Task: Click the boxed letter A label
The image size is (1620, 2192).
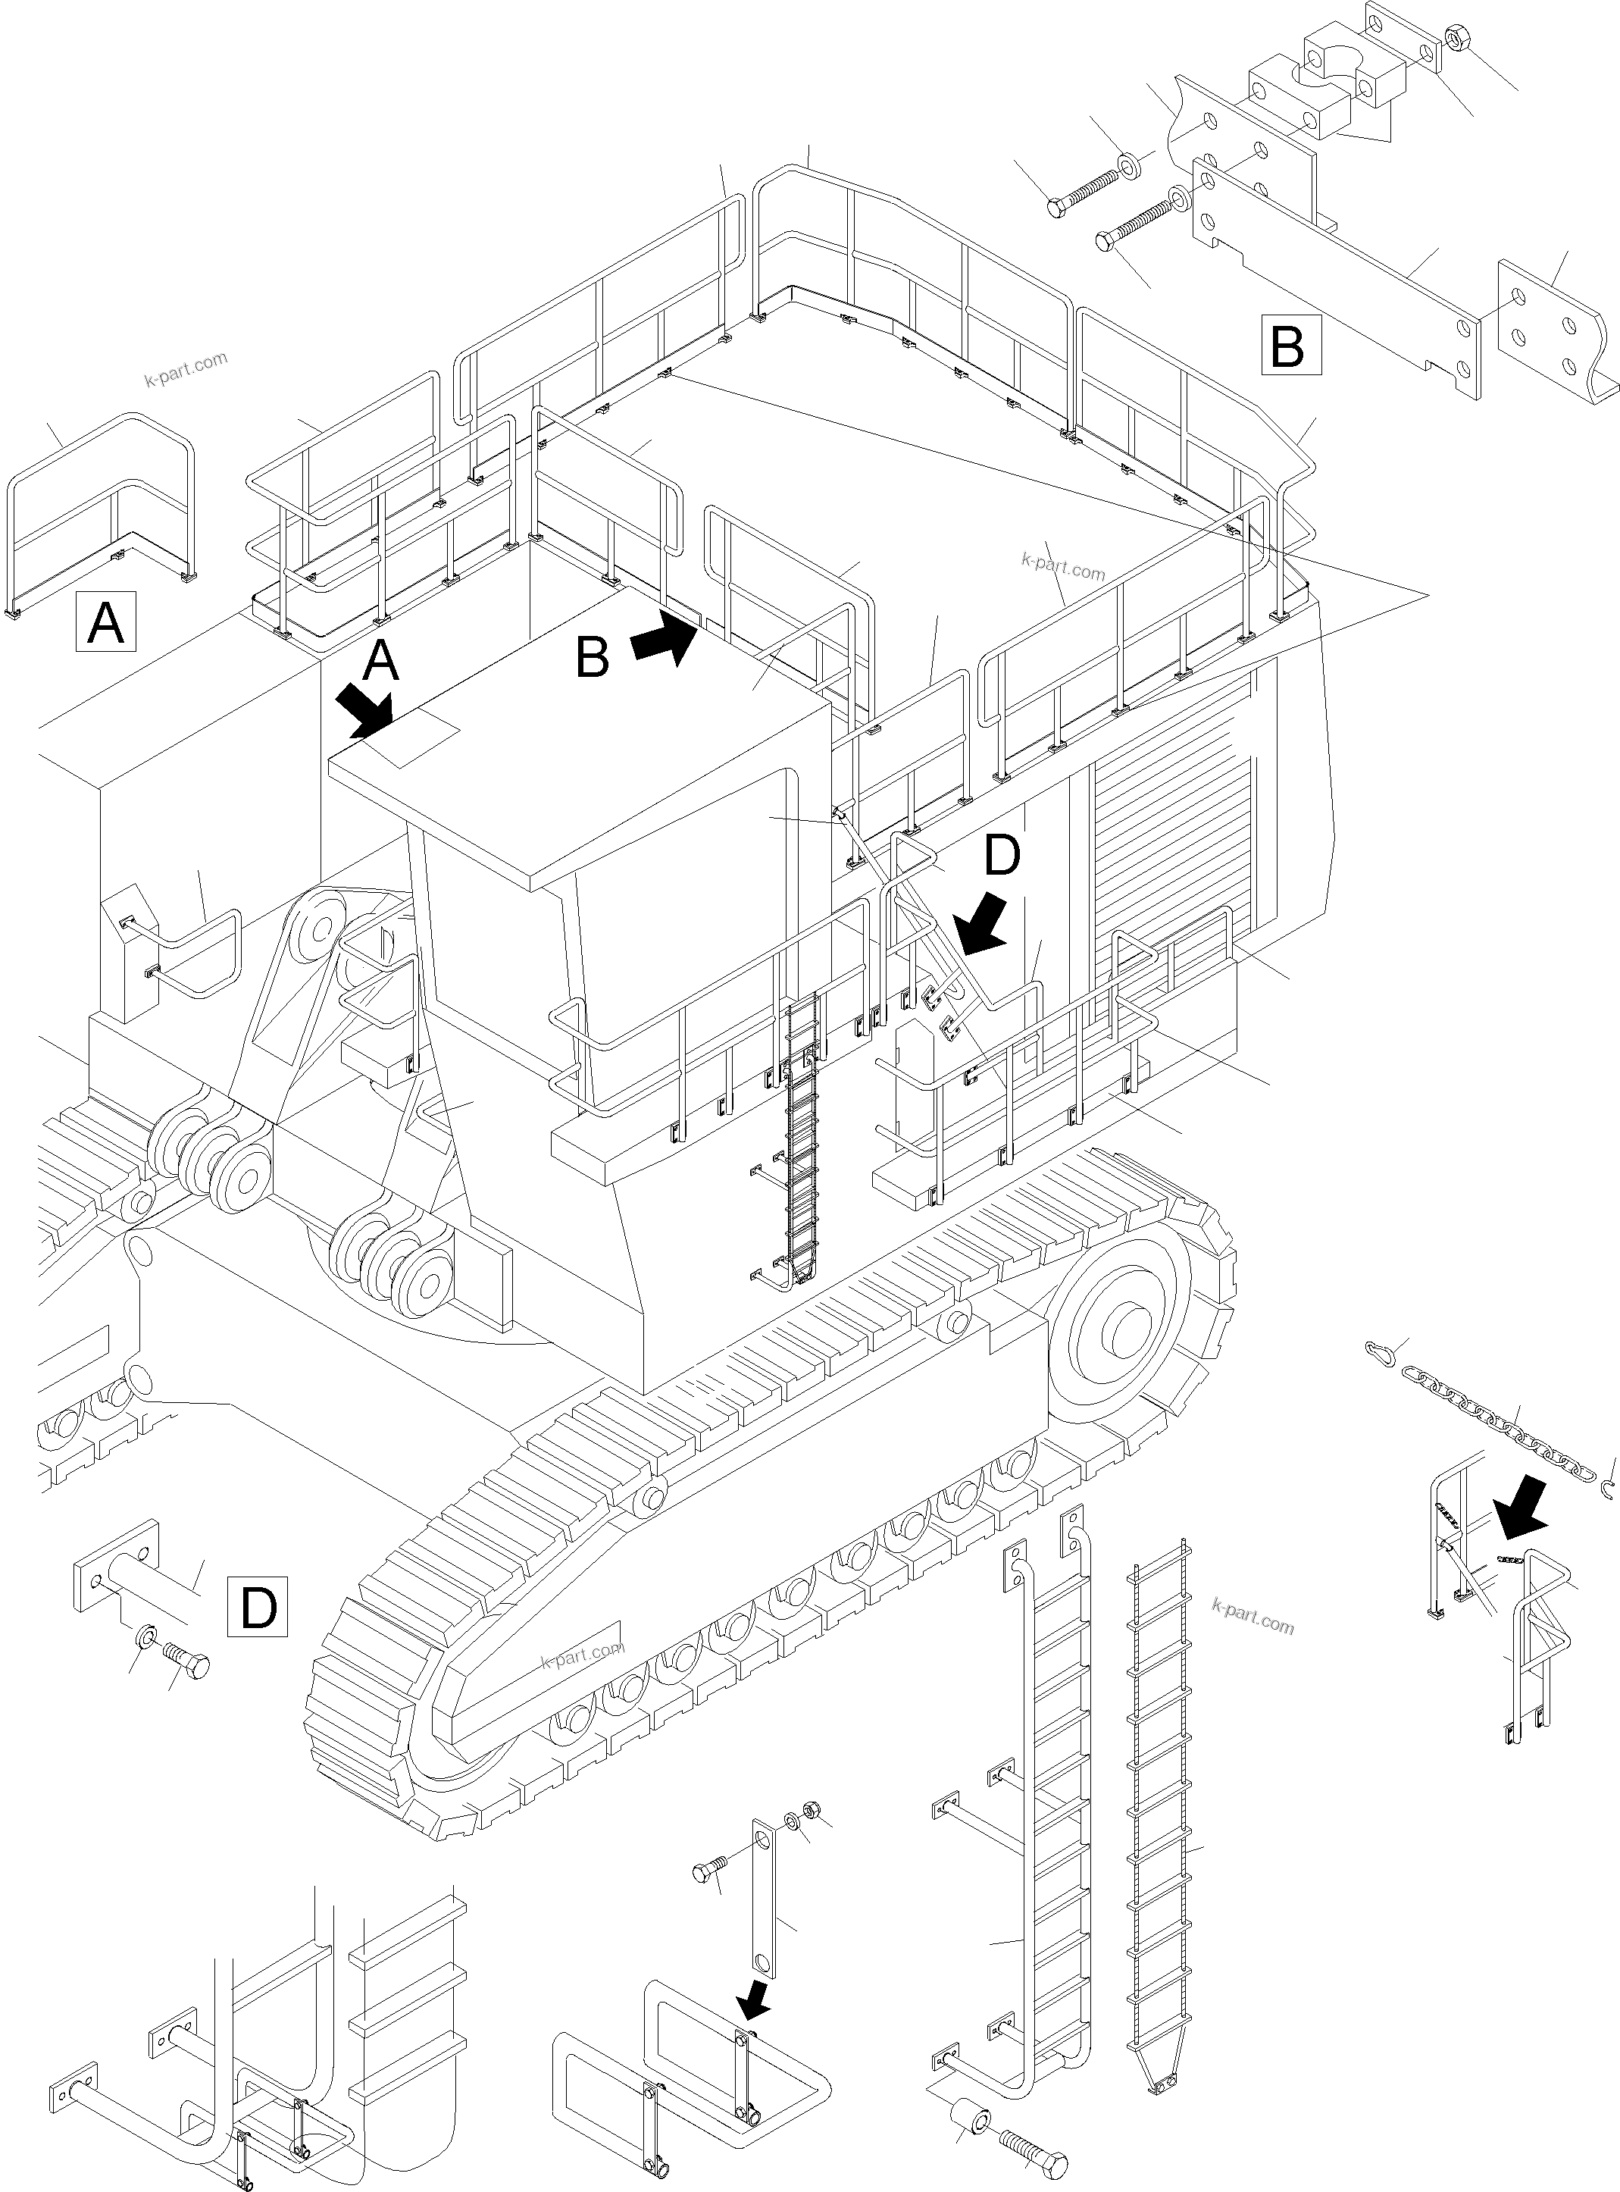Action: click(x=106, y=622)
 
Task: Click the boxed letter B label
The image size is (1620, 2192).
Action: click(x=1290, y=345)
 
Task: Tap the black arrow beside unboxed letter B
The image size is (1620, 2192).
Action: click(x=664, y=638)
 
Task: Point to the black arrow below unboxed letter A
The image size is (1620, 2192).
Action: click(x=364, y=710)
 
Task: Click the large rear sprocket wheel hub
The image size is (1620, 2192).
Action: click(x=1127, y=1332)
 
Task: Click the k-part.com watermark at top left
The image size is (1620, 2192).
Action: click(x=186, y=370)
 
